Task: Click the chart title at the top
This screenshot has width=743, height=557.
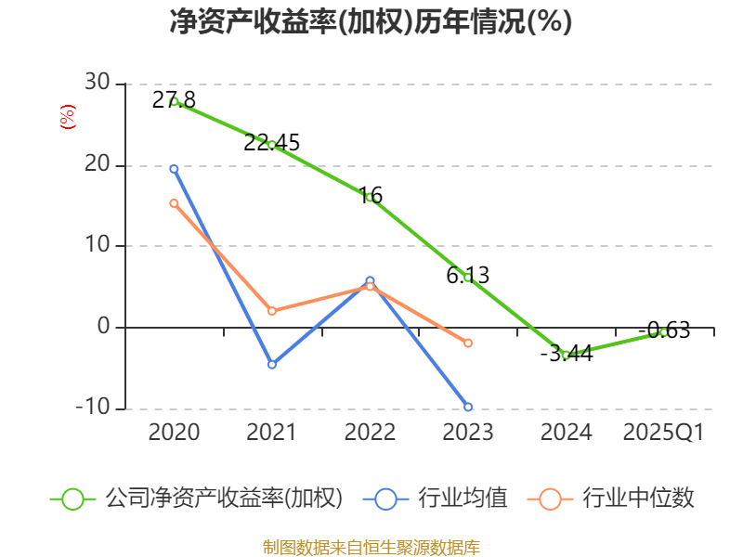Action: (x=371, y=22)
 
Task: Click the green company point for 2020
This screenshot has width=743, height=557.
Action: (x=174, y=101)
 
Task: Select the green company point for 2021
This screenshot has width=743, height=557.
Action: (x=271, y=144)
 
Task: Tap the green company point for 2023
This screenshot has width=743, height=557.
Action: (x=467, y=278)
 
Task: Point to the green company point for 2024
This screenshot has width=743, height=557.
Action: (x=566, y=355)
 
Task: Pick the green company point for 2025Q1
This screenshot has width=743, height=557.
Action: (x=663, y=331)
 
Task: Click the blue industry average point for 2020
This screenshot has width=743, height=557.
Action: (x=174, y=169)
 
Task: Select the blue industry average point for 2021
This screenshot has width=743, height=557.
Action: (x=271, y=364)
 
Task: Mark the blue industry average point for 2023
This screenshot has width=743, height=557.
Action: (x=467, y=407)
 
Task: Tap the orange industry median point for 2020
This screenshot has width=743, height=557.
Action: (x=174, y=203)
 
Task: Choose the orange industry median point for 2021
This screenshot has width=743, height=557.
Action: (x=271, y=311)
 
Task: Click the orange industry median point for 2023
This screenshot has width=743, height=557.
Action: (x=467, y=343)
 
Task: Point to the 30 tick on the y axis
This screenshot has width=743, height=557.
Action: (x=97, y=84)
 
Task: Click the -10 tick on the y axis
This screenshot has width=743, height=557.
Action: (x=91, y=408)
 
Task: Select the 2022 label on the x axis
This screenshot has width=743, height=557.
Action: (x=370, y=433)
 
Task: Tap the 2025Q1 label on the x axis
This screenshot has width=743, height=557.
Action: (x=663, y=433)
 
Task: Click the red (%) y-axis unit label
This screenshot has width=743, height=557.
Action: (x=67, y=117)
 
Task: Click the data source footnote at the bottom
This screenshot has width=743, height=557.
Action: (x=371, y=547)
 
